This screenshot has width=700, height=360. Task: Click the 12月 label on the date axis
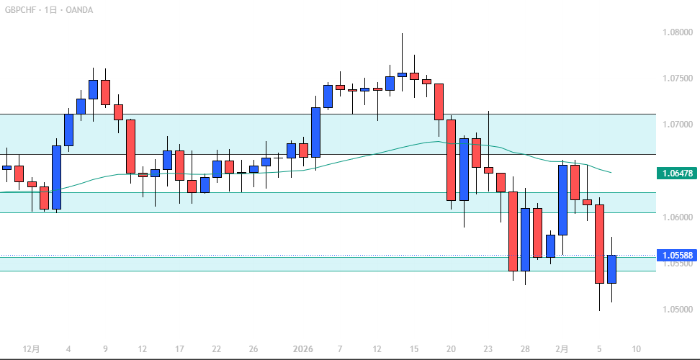click(x=31, y=349)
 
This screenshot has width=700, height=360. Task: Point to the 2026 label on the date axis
click(x=303, y=349)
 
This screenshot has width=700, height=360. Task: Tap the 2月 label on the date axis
click(x=562, y=349)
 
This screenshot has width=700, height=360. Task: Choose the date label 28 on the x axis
click(x=526, y=349)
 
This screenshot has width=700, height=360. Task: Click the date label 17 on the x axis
click(x=180, y=349)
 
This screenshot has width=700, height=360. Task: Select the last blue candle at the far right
click(x=611, y=269)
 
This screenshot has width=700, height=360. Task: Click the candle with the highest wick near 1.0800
click(x=402, y=73)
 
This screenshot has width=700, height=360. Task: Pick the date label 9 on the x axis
click(x=106, y=349)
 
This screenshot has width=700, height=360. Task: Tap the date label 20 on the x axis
click(x=451, y=349)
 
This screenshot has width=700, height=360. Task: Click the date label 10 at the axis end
click(x=637, y=349)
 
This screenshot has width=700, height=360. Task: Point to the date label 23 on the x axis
click(x=488, y=349)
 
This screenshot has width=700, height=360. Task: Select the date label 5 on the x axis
click(x=599, y=349)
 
